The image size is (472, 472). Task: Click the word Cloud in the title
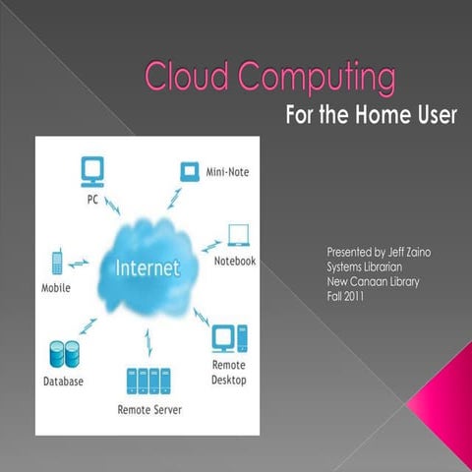(x=180, y=76)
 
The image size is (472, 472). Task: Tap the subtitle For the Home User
(x=370, y=116)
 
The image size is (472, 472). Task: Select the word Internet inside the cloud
(x=147, y=266)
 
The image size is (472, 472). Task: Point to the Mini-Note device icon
(x=188, y=171)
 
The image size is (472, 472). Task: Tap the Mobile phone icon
(x=57, y=264)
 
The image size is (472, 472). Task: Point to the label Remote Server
(x=149, y=408)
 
